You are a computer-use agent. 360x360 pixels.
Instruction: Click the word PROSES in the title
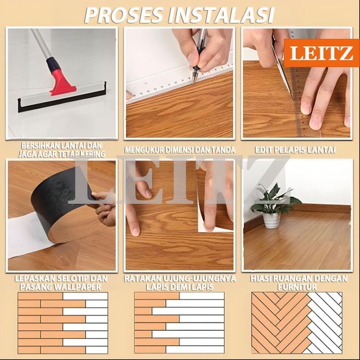[124, 15]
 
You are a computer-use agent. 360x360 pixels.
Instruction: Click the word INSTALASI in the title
[221, 15]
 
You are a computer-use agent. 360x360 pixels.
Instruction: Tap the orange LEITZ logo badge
[322, 53]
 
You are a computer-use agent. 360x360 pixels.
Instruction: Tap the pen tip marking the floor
[193, 83]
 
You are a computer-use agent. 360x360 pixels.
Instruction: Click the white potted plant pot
[271, 220]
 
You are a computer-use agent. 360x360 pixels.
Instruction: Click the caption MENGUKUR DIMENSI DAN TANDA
[180, 150]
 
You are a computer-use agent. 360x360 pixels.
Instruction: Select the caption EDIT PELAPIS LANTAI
[295, 150]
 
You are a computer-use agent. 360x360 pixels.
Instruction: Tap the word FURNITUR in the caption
[297, 287]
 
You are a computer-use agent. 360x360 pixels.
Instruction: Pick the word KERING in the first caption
[91, 154]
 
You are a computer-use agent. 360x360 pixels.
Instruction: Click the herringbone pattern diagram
[297, 323]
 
